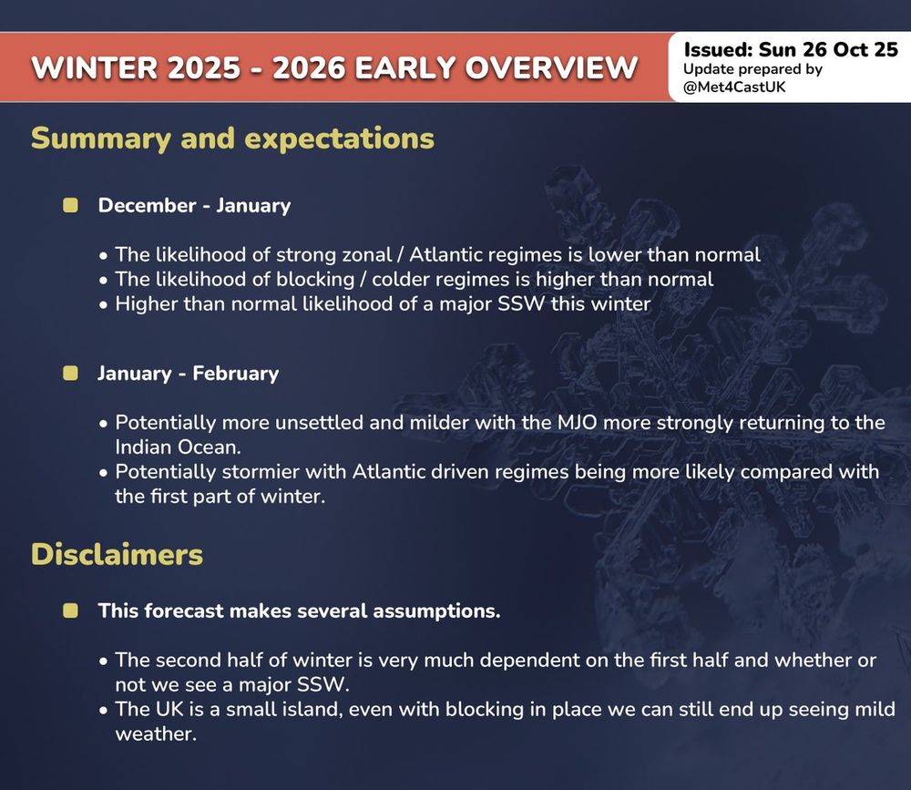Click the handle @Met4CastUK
coord(734,87)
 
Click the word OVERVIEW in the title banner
coord(551,67)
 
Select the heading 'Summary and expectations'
coord(232,139)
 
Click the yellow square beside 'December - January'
coord(70,205)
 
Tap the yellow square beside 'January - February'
coord(70,373)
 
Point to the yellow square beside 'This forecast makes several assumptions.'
coord(70,610)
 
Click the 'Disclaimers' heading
coord(117,554)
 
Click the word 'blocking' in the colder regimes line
coord(315,280)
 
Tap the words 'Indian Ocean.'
coord(178,447)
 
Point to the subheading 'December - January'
coord(194,205)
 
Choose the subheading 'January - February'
coord(189,374)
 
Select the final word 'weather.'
coord(156,734)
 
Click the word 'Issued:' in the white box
coord(718,49)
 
